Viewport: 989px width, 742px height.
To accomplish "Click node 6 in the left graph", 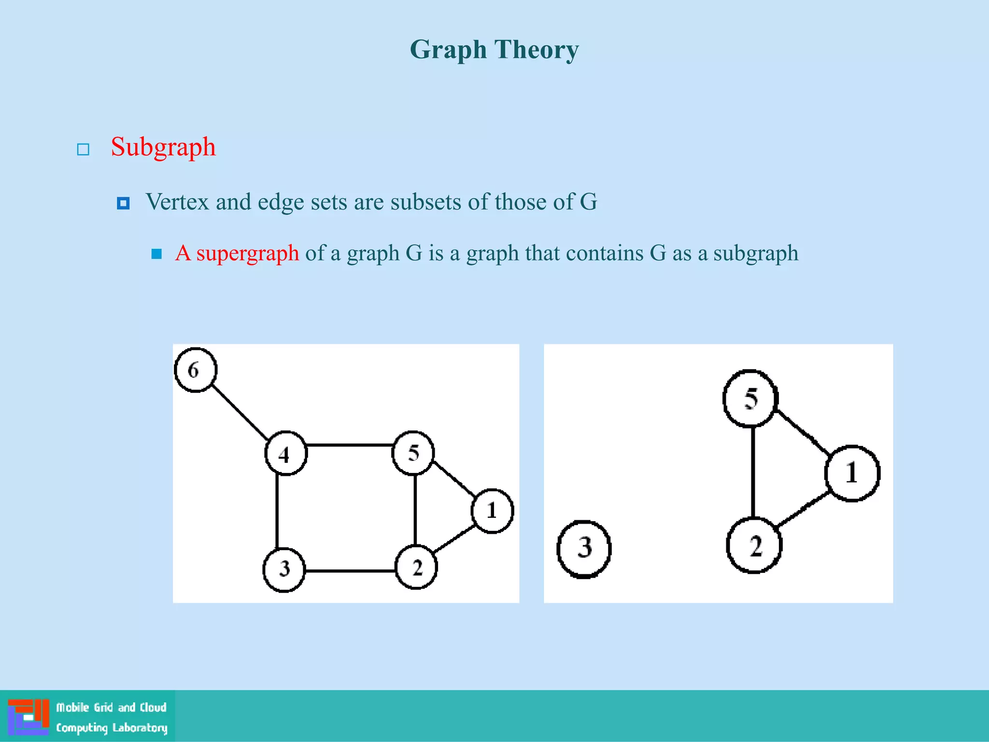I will pos(195,370).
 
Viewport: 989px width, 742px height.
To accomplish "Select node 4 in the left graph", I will pos(285,454).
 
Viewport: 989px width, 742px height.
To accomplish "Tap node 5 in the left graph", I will pos(413,453).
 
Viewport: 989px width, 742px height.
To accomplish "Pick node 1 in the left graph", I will pos(492,511).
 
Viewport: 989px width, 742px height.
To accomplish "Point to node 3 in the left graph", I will pos(284,570).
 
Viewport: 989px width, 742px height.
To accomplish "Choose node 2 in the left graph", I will pos(416,568).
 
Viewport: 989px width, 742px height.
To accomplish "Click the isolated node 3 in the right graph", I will pos(584,549).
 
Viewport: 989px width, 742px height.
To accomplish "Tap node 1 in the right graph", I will pos(852,473).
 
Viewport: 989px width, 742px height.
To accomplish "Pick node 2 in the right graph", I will pos(754,546).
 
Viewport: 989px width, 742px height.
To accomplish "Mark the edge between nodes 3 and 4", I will pos(277,511).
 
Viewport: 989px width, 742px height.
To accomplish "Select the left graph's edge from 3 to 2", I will pos(350,571).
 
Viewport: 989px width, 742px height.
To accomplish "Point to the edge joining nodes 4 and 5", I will pos(349,444).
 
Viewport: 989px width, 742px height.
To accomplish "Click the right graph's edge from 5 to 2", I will pos(752,472).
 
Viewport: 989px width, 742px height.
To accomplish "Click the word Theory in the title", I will pos(536,50).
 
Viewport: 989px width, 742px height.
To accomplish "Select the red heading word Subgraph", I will pos(163,147).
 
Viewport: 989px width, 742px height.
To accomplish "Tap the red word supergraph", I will pos(247,253).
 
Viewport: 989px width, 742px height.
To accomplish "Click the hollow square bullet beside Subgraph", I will pos(83,149).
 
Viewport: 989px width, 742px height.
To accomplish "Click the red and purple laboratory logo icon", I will pos(28,717).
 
